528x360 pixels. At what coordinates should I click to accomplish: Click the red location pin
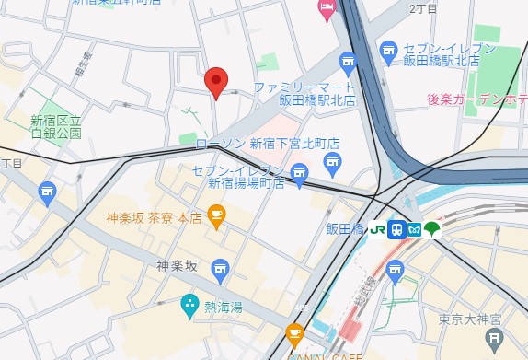pos(215,81)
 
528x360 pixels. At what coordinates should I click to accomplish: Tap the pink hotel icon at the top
pos(327,9)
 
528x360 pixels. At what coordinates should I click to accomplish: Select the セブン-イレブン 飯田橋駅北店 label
pos(448,55)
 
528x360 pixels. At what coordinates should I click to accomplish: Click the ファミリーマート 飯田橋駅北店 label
pos(305,93)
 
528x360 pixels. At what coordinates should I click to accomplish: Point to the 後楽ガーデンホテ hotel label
pos(476,99)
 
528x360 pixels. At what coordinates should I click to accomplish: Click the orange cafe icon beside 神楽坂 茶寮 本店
pos(217,217)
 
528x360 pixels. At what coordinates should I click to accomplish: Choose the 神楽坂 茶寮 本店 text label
pos(154,218)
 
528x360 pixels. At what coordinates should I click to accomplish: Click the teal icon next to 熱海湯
pos(189,302)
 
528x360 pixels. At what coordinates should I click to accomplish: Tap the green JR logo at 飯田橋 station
pos(377,229)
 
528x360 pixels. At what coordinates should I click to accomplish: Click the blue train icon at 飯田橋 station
pos(396,229)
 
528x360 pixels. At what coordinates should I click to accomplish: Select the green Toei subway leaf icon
pos(433,229)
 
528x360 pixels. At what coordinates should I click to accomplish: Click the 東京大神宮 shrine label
pos(470,319)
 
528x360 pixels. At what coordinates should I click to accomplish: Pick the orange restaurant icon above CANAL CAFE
pos(294,334)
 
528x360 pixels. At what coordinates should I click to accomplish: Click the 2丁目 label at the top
pos(421,8)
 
